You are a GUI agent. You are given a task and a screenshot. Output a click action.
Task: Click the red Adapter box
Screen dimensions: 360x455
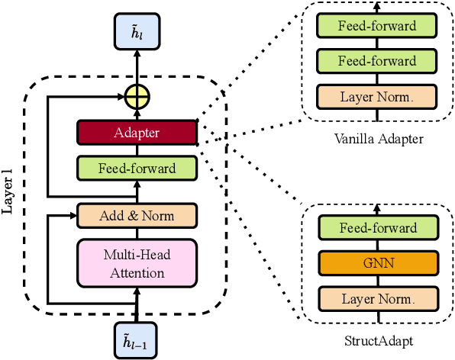click(x=137, y=133)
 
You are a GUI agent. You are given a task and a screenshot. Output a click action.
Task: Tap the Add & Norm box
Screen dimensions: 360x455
click(x=137, y=216)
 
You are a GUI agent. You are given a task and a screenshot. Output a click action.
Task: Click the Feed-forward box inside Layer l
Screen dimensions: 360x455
click(x=137, y=168)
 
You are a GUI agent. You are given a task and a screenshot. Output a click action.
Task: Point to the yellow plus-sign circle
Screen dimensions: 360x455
click(x=137, y=97)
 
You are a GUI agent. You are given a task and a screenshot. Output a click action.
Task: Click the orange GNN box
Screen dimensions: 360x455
click(x=377, y=263)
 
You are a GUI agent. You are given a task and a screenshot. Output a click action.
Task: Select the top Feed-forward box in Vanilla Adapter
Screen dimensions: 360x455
click(x=377, y=26)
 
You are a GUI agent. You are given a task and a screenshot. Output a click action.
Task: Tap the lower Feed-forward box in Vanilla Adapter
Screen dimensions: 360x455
click(x=377, y=61)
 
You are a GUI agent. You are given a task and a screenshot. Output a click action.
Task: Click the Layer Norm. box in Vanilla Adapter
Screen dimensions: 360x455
click(x=377, y=97)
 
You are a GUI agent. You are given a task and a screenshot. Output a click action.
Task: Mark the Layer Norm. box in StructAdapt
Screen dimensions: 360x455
click(x=377, y=298)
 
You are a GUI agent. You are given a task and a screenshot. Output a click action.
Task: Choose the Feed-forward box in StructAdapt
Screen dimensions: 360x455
click(x=377, y=227)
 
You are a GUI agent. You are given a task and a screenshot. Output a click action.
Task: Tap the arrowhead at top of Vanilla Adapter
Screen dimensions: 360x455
click(x=377, y=4)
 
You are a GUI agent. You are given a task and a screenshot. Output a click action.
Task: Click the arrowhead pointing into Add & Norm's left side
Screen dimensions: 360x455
click(x=74, y=216)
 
